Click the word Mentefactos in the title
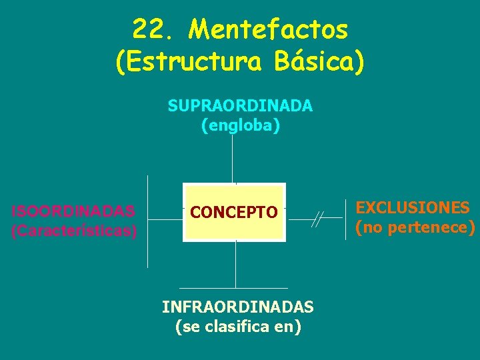(268, 29)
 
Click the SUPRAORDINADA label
(240, 106)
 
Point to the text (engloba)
(240, 125)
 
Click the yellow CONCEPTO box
(234, 212)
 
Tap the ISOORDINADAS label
(74, 211)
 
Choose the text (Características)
(74, 231)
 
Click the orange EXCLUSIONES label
(413, 207)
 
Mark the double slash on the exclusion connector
(318, 219)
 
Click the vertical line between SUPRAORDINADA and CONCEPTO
(233, 157)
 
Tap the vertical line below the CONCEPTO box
(235, 264)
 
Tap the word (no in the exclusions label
(369, 227)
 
